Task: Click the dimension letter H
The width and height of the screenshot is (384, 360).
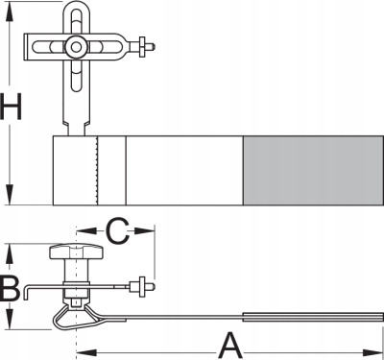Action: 11,106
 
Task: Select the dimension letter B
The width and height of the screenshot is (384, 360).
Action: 11,290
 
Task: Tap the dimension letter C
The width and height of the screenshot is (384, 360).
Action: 117,231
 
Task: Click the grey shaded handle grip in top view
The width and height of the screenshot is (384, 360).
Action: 313,171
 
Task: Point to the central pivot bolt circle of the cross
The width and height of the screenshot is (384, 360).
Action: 76,47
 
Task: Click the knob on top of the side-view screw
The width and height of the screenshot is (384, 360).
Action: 77,252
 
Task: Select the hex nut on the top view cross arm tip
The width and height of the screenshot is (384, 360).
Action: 142,47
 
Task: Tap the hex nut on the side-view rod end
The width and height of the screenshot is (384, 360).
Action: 141,285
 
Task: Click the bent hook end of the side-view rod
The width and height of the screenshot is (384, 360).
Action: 27,292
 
